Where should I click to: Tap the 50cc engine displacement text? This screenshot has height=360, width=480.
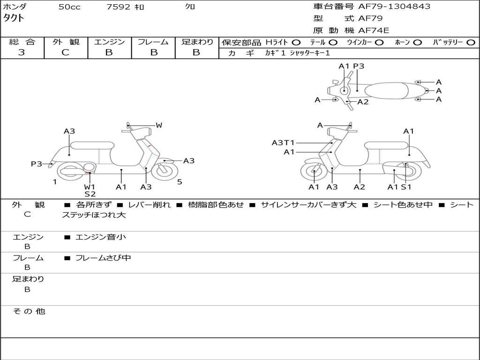(69, 7)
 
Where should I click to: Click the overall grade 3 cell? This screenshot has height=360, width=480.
(22, 52)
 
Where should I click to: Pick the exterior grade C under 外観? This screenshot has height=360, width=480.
(65, 52)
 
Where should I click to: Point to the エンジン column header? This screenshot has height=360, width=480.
(109, 42)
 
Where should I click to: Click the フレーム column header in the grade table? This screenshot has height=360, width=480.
(153, 42)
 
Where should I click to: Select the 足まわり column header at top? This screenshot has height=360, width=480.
(197, 42)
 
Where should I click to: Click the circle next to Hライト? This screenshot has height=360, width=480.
(296, 42)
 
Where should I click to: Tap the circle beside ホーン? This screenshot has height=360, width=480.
(418, 42)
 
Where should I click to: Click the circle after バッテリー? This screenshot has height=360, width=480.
(471, 42)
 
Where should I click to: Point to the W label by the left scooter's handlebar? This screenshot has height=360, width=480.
(159, 125)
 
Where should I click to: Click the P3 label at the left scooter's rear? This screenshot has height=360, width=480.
(36, 164)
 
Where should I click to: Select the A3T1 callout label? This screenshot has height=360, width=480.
(283, 142)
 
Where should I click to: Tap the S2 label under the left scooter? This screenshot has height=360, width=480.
(90, 194)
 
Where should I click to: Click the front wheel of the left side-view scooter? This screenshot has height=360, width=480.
(162, 171)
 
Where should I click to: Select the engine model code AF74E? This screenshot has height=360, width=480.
(373, 30)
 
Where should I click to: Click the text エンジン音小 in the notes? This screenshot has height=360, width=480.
(101, 237)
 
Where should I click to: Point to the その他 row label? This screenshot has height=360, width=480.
(29, 311)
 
